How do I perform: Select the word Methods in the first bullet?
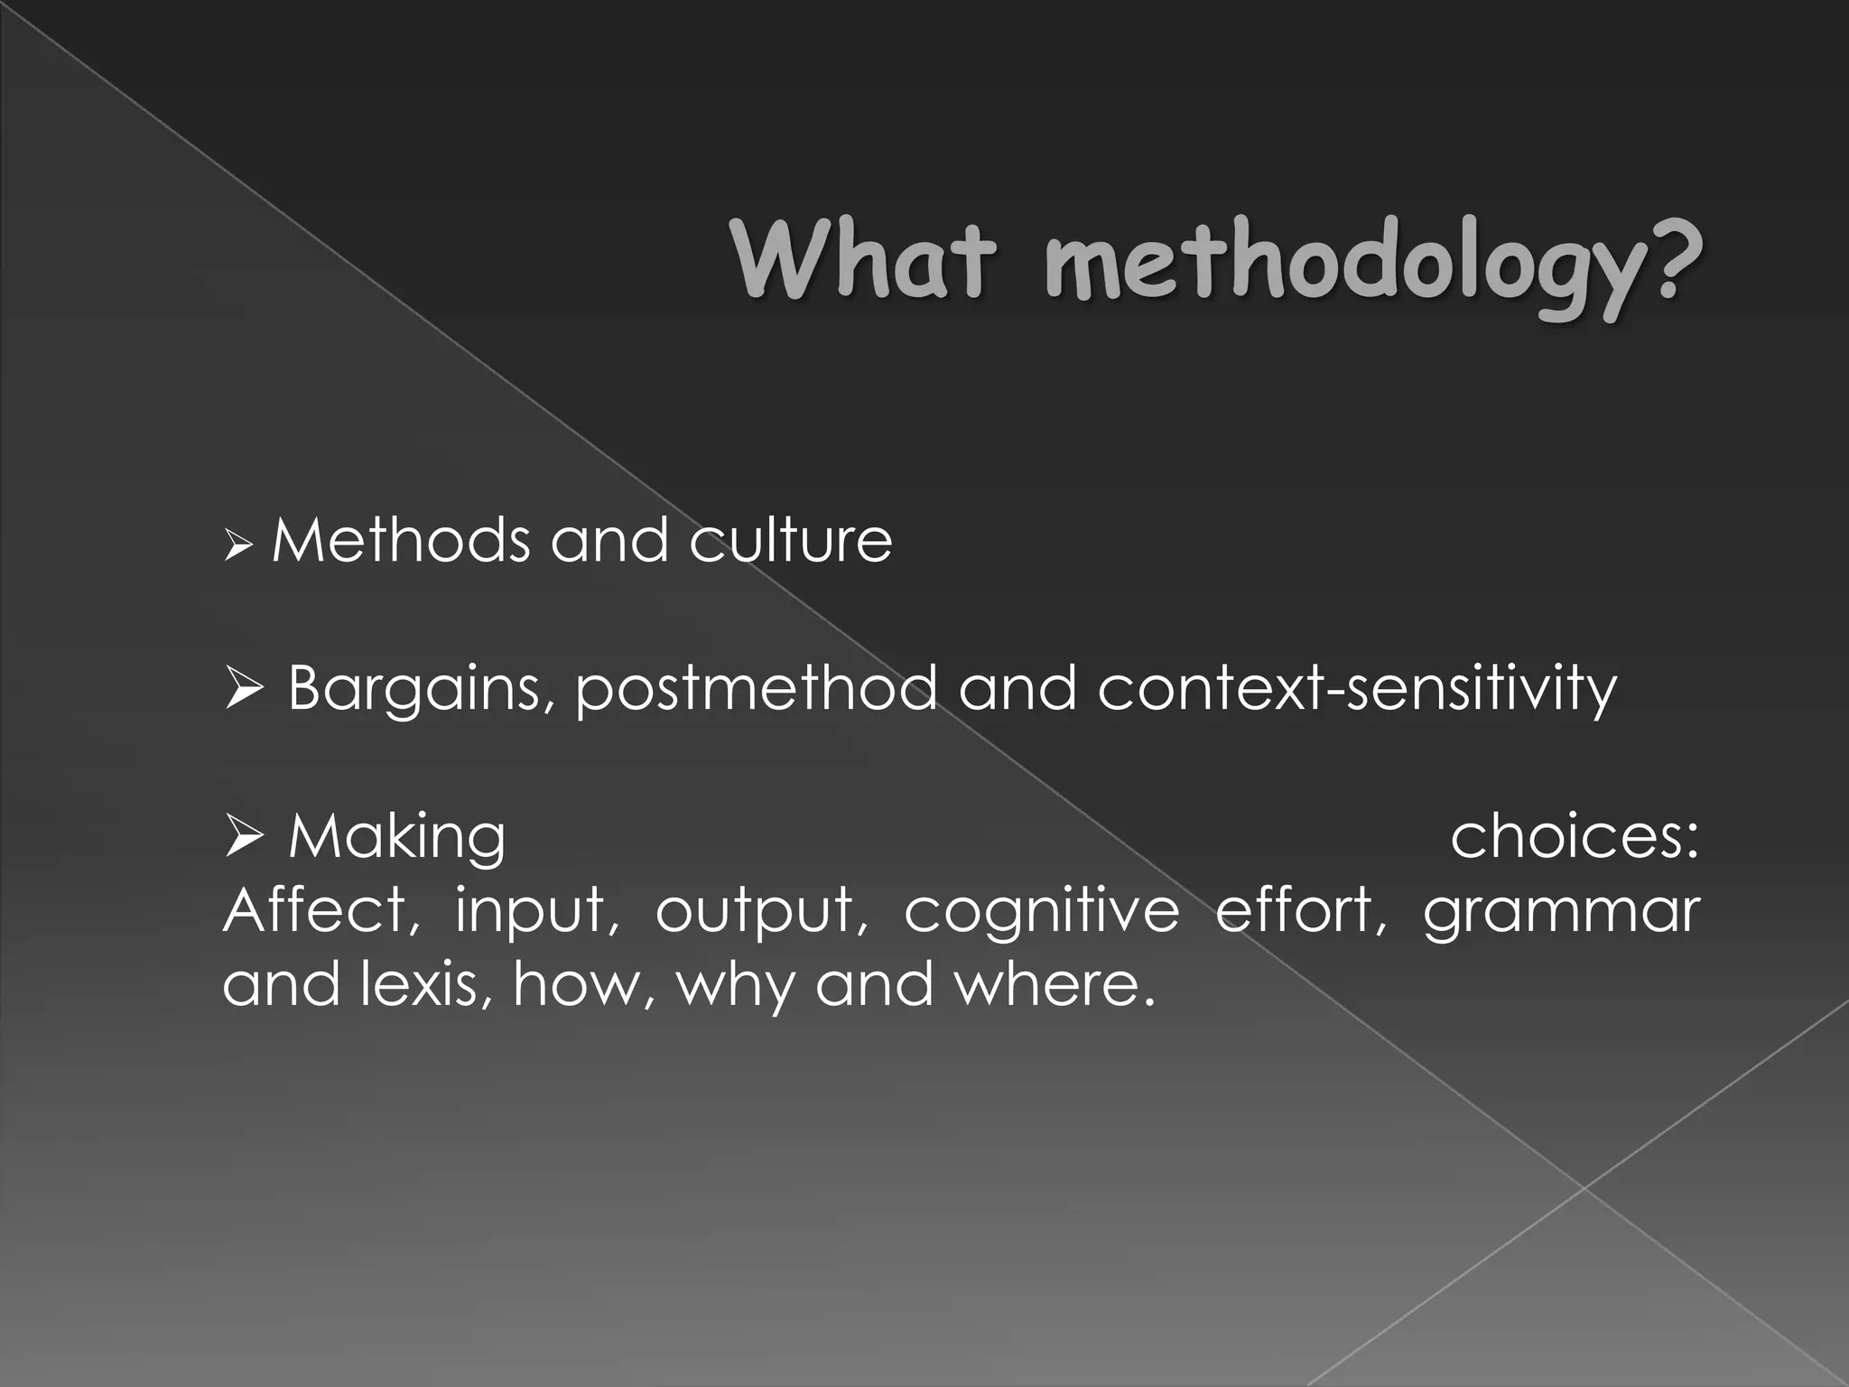(x=400, y=541)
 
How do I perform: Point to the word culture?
(x=790, y=541)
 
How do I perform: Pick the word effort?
(x=1299, y=910)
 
